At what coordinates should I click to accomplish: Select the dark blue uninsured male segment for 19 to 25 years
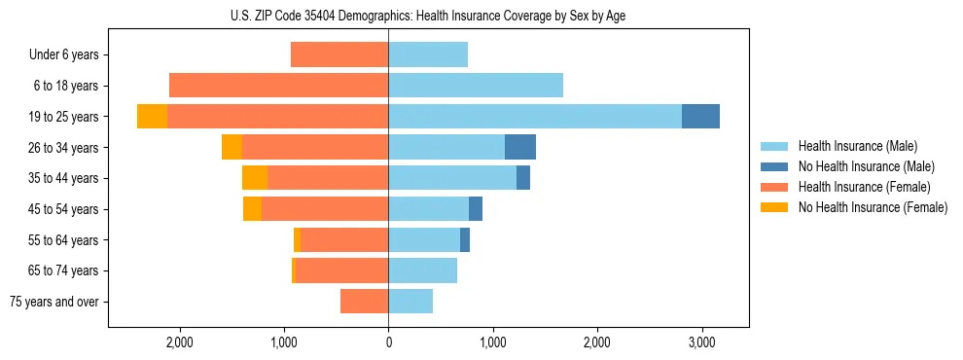(700, 116)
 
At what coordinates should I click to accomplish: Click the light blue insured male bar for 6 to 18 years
(476, 86)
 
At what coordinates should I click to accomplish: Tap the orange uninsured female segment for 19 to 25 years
(152, 116)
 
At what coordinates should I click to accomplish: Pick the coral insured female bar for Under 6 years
(339, 54)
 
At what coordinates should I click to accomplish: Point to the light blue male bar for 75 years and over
(410, 302)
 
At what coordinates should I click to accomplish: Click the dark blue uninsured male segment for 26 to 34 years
(520, 147)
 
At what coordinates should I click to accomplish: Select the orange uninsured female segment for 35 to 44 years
(255, 178)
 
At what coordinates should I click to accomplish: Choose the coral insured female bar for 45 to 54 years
(325, 208)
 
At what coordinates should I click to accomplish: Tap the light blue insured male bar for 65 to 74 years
(422, 270)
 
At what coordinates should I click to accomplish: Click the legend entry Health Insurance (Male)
(856, 146)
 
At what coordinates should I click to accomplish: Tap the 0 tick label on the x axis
(388, 342)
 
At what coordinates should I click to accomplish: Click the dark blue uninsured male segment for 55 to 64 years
(465, 239)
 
